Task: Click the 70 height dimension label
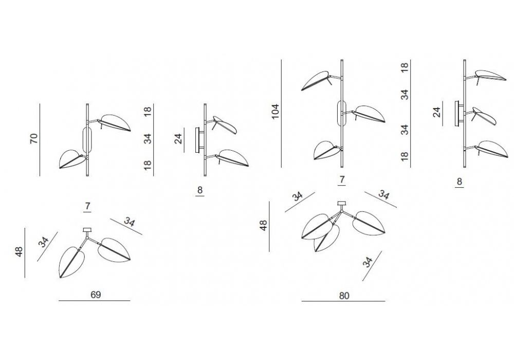(34, 138)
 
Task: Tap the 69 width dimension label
(96, 295)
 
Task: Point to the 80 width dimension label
(344, 296)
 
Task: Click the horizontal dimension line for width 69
(95, 301)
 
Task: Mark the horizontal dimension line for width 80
(343, 301)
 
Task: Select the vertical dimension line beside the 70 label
(40, 140)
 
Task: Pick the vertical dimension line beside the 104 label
(281, 114)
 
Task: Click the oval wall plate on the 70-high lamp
(87, 140)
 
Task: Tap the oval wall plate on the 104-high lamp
(342, 114)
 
